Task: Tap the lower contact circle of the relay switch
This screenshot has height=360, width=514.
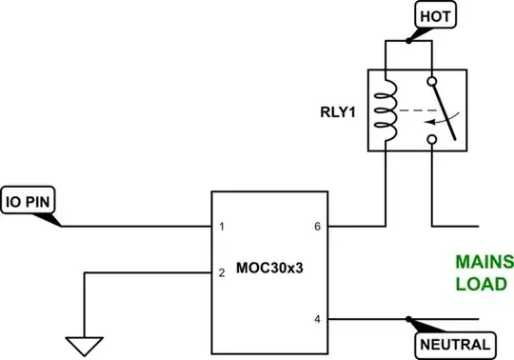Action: coord(433,140)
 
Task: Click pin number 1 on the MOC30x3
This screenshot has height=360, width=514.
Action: coord(221,227)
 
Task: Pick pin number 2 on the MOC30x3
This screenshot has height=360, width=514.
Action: coord(221,273)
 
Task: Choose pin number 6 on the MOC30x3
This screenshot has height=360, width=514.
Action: coord(316,227)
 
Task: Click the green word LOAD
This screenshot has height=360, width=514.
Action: coord(482,284)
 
